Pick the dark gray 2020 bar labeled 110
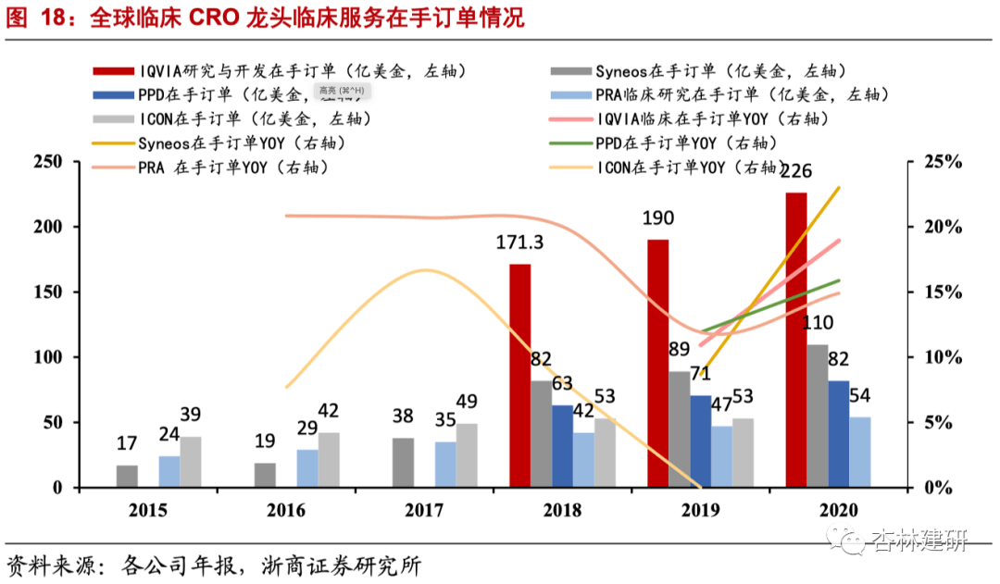tap(818, 416)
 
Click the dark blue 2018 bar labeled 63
tap(562, 446)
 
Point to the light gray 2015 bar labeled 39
tap(191, 462)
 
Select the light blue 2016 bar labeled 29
tap(307, 468)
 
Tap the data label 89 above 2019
tap(679, 349)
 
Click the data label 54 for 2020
tap(860, 395)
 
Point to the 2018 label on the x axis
tap(563, 510)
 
